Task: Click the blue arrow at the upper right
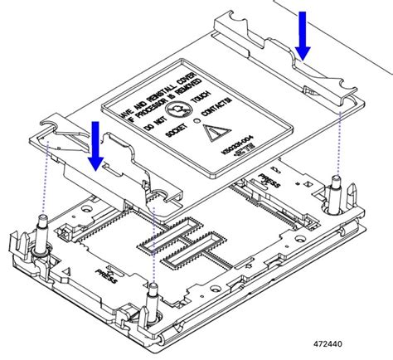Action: tap(303, 37)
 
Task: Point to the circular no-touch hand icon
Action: tap(177, 109)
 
